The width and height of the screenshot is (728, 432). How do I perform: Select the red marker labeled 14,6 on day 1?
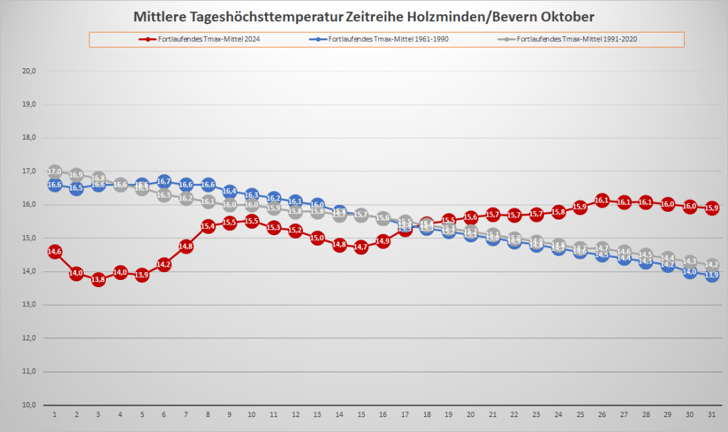(x=55, y=252)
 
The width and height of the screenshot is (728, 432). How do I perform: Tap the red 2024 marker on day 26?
(x=602, y=201)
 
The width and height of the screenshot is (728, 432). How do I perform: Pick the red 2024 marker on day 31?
(x=711, y=208)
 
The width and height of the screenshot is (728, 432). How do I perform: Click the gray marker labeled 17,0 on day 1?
(x=55, y=172)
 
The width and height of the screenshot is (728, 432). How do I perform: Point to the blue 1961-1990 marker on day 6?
(x=164, y=182)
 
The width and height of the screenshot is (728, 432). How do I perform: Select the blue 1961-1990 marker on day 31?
(x=711, y=275)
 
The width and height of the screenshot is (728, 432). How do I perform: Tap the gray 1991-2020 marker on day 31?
(x=711, y=264)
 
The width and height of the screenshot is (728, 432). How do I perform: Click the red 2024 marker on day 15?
(x=360, y=247)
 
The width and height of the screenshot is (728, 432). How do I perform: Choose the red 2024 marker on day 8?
(x=208, y=226)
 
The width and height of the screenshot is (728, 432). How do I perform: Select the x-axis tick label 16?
(x=382, y=414)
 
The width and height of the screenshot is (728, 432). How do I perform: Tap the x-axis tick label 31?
(x=711, y=414)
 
